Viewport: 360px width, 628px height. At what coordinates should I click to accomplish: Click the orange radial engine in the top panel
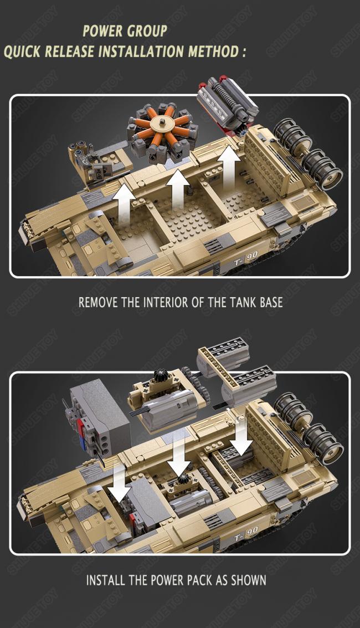[162, 132]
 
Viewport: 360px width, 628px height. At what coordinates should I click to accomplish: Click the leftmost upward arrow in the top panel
[124, 203]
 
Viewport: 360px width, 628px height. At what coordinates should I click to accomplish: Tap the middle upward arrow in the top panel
[178, 189]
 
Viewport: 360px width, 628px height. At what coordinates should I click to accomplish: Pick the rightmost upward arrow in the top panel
[229, 166]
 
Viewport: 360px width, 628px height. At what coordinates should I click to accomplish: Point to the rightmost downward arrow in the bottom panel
[241, 437]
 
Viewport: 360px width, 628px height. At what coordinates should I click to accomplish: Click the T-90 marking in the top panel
[245, 258]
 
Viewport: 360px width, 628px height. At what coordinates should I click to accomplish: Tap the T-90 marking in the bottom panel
[245, 534]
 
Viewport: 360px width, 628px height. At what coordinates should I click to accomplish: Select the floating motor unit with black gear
[166, 402]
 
